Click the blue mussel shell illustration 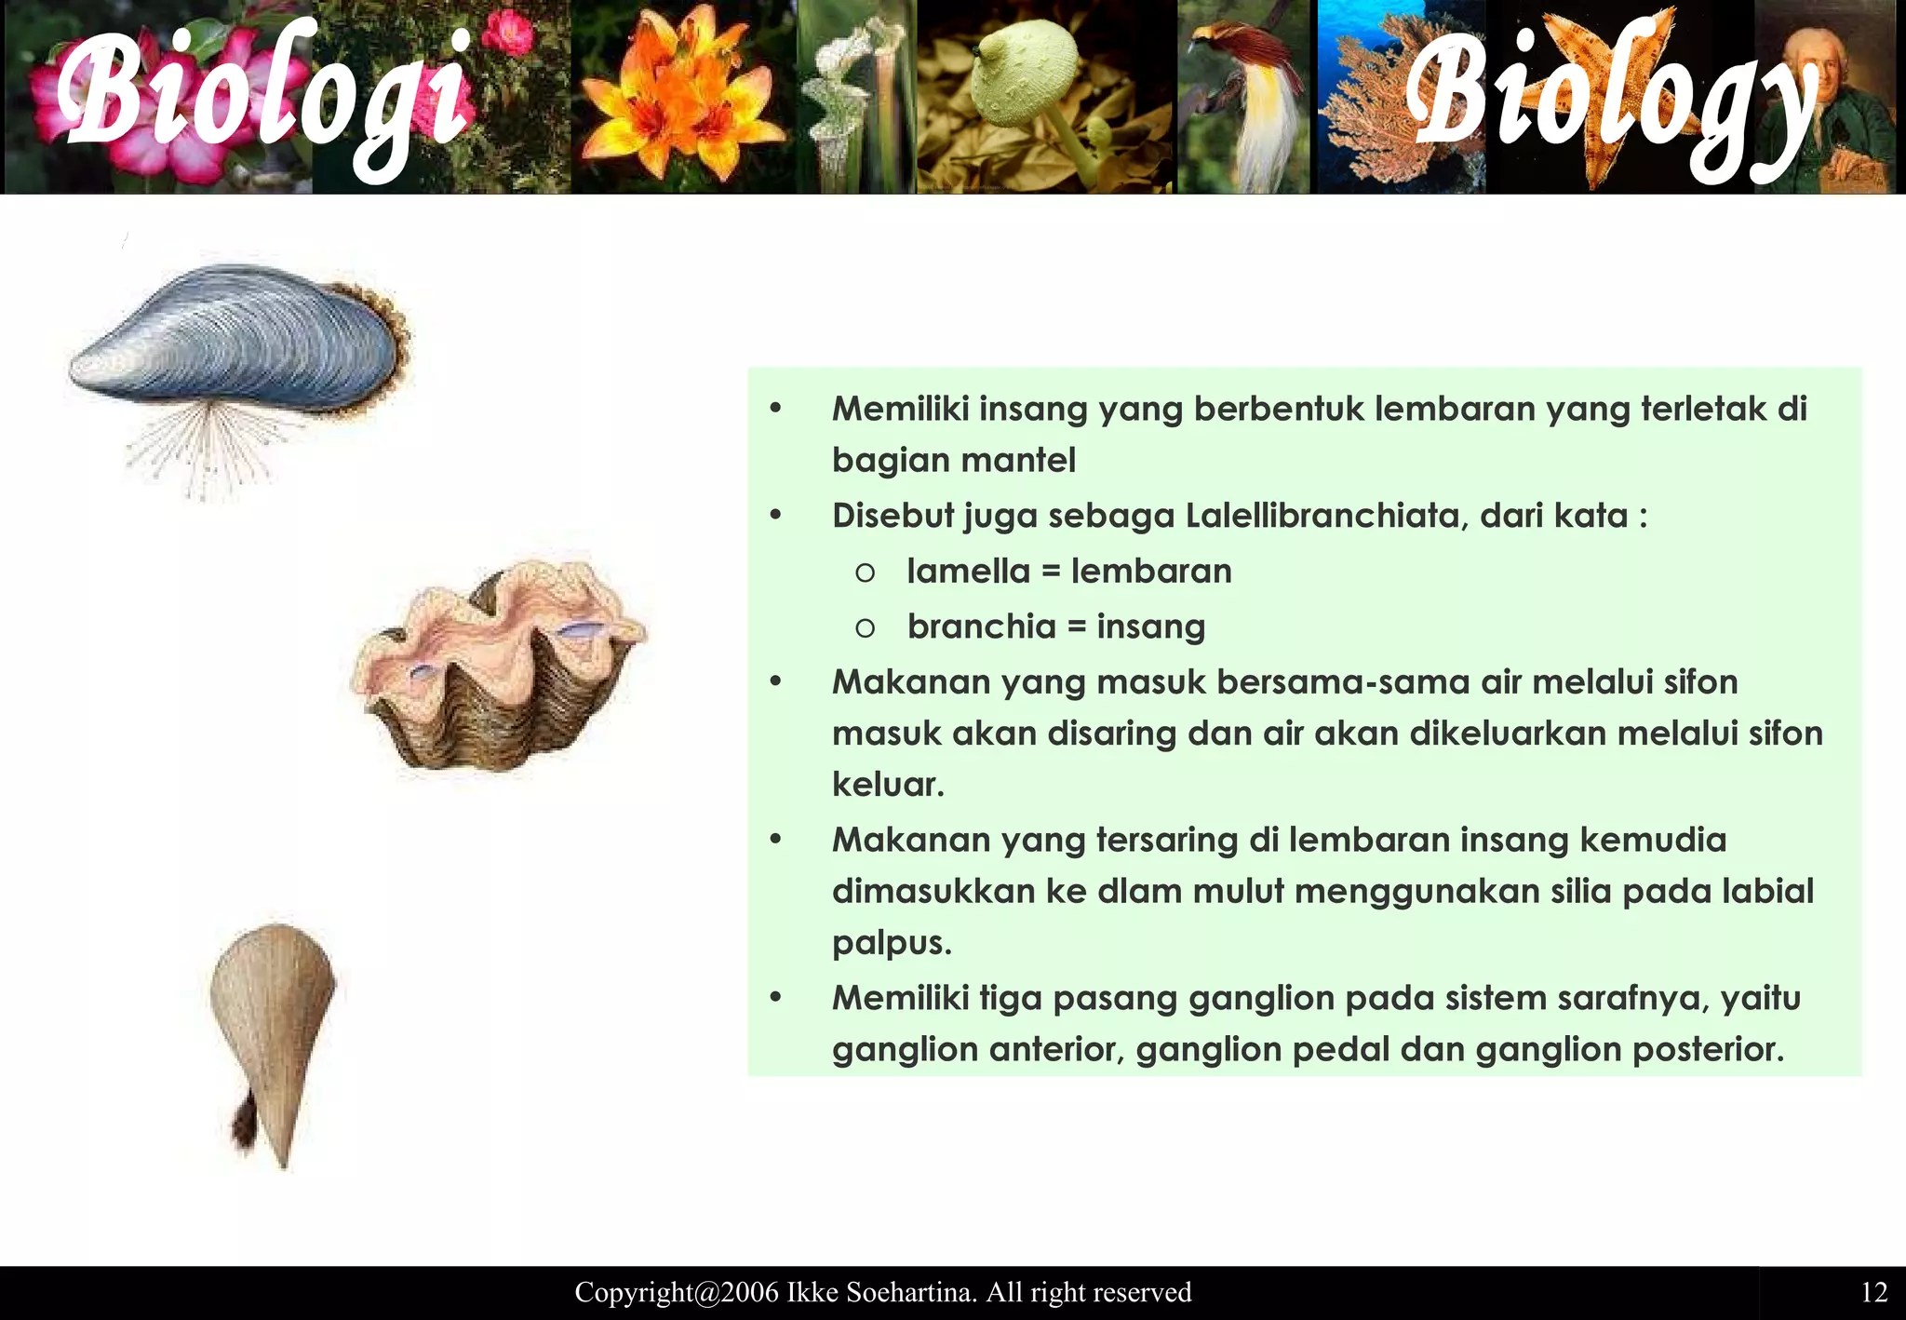coord(242,340)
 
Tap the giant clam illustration coord(498,666)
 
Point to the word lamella coord(968,572)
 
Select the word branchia coord(982,626)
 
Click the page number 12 coord(1873,1292)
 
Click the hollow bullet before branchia coord(865,628)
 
